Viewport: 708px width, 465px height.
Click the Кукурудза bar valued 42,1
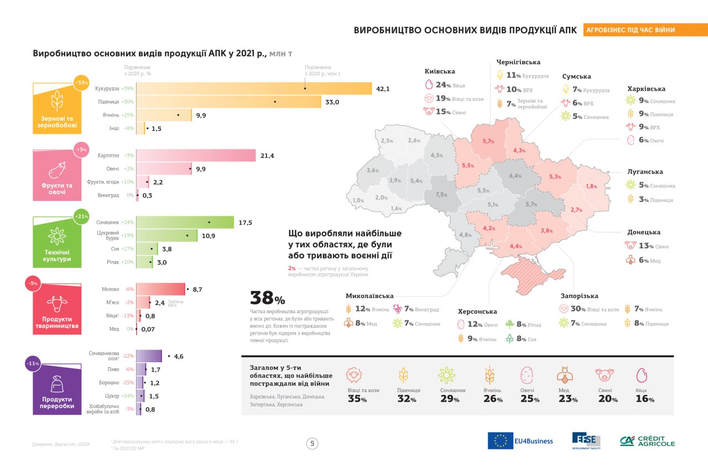pyautogui.click(x=254, y=88)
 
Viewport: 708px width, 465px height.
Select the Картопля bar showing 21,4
pyautogui.click(x=196, y=156)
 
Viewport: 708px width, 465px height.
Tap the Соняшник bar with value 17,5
pyautogui.click(x=185, y=223)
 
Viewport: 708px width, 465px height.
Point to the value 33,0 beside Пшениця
pyautogui.click(x=332, y=102)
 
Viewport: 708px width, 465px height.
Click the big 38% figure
pyautogui.click(x=268, y=298)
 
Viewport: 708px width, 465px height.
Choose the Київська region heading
pyautogui.click(x=440, y=71)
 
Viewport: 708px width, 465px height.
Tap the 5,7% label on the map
pyautogui.click(x=488, y=141)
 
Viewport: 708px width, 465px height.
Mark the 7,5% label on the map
pyautogui.click(x=441, y=194)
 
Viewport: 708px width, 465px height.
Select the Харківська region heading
pyautogui.click(x=646, y=88)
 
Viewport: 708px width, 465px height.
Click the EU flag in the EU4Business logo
pyautogui.click(x=500, y=441)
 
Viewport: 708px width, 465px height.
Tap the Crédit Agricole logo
pyautogui.click(x=647, y=441)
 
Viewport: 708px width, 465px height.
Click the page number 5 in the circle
pyautogui.click(x=313, y=443)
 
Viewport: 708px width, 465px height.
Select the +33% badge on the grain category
pyautogui.click(x=81, y=82)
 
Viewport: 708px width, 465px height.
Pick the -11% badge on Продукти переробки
pyautogui.click(x=33, y=363)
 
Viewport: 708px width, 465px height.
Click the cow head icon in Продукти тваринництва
pyautogui.click(x=57, y=303)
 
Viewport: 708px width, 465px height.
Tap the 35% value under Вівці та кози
pyautogui.click(x=357, y=399)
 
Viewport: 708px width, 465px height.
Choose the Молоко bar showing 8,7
pyautogui.click(x=160, y=289)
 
